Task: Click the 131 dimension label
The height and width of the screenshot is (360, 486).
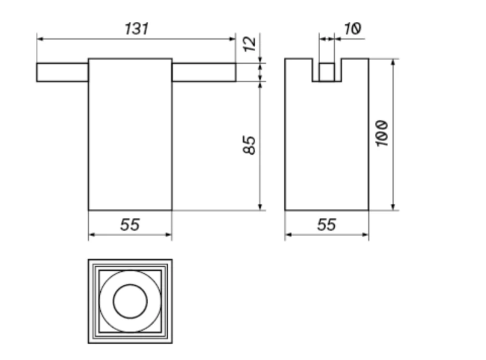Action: [137, 29]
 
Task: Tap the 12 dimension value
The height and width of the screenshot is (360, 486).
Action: [250, 44]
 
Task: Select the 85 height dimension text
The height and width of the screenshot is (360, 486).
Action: [249, 145]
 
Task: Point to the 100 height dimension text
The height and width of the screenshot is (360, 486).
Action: [382, 133]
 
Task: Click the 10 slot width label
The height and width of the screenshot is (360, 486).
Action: [352, 29]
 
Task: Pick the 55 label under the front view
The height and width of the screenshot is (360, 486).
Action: [130, 225]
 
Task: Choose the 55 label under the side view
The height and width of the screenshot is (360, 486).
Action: [327, 225]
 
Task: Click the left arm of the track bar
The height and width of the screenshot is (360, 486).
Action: [63, 72]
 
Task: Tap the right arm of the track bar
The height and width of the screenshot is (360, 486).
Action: [204, 72]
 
